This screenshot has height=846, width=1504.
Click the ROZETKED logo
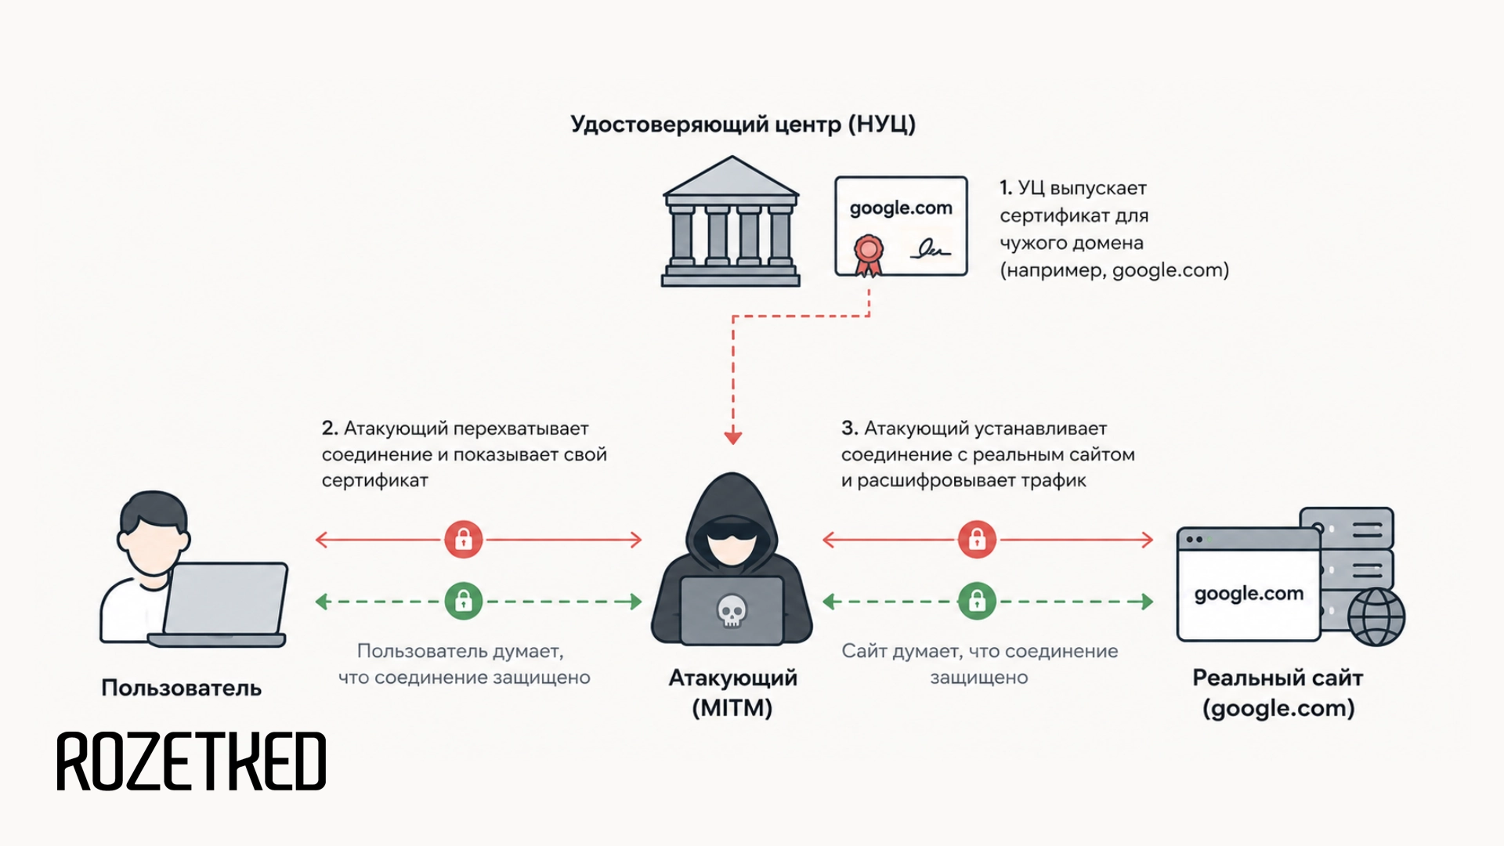coord(191,761)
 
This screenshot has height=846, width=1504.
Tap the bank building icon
coord(731,221)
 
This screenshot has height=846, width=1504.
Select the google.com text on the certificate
coord(901,208)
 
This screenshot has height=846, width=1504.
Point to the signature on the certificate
coord(930,250)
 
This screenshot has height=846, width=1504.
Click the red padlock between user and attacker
coord(464,540)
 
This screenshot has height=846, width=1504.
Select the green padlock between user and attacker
coord(464,602)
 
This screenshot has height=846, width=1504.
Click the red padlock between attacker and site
coord(977,540)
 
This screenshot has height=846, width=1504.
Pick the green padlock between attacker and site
coord(977,602)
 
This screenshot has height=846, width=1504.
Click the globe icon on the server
coord(1376,616)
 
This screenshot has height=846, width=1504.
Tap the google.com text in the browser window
coord(1249,594)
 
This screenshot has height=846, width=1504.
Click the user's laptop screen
coord(225,598)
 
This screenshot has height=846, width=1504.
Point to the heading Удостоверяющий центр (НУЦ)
coord(743,125)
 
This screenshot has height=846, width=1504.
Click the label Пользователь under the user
coord(182,688)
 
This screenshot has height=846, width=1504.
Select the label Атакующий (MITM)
coord(732,692)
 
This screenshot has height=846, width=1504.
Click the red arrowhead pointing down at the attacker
coord(733,437)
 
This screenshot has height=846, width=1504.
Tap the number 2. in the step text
coord(330,428)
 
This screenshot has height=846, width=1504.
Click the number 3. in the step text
coord(850,428)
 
